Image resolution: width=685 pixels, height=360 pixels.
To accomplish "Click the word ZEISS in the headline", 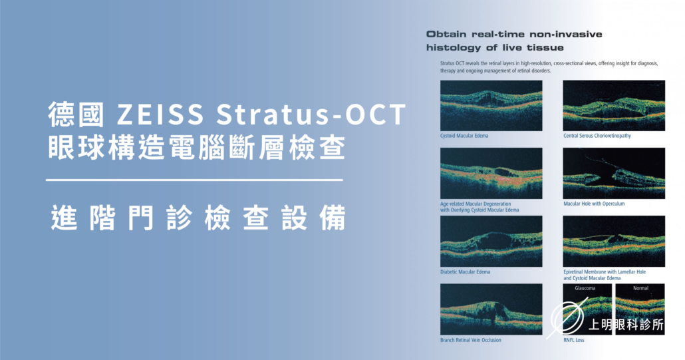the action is pos(160,114).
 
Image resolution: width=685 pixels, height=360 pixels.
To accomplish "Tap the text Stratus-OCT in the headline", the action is pos(311,114).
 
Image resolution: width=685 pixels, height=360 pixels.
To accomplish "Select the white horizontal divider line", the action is pos(194,180).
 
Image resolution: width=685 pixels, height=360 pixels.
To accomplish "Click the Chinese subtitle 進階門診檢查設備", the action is pos(199,218).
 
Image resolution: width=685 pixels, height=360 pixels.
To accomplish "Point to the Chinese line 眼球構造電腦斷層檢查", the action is pos(197,148).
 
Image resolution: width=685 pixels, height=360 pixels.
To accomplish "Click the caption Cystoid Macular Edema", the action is pos(464,136).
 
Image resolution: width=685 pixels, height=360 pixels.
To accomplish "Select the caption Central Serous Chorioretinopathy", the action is pos(597,136).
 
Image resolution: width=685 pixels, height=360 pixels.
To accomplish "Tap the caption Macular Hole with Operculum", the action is pos(594,204).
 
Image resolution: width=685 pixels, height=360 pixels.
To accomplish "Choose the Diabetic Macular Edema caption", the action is pos(466,271).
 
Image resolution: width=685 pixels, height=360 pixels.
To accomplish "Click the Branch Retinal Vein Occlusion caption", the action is pos(471,340).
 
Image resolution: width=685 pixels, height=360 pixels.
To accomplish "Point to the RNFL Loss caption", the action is pos(573,340).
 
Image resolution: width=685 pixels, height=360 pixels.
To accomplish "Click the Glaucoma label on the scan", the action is pos(585,288).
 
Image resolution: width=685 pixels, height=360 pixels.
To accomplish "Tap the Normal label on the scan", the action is pos(641,288).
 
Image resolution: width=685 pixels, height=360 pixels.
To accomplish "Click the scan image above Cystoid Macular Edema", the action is pos(491,106).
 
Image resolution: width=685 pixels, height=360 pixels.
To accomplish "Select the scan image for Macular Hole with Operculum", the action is pos(614,174).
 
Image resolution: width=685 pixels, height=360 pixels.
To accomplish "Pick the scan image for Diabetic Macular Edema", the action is pos(491,241).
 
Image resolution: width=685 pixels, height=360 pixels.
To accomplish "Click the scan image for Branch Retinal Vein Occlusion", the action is pos(491,309).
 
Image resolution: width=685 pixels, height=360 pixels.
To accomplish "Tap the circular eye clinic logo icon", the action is pos(567,317).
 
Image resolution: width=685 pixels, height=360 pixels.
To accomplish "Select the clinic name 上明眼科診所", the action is pos(626,325).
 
